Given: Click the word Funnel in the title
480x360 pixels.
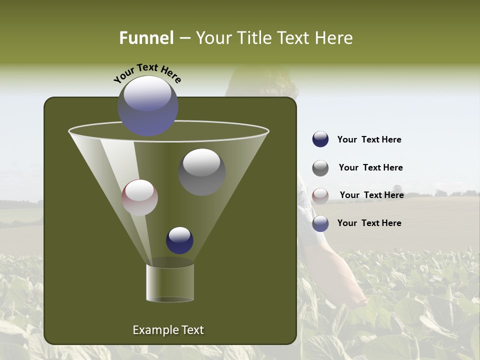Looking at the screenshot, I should (146, 38).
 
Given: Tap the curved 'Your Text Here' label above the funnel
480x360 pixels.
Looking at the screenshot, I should (147, 72).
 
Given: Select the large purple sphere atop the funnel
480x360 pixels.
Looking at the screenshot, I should (148, 105).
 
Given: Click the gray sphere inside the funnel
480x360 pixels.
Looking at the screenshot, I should (201, 171).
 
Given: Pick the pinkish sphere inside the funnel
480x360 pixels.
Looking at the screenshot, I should (139, 197).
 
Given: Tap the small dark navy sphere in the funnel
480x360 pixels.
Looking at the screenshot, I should (179, 240).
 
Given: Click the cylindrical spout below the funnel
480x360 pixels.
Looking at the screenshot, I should (170, 283).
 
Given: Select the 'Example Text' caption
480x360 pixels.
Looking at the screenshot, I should (168, 330).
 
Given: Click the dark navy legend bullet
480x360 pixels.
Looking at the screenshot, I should (320, 139).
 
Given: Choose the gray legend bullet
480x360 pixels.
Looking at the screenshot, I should (320, 168).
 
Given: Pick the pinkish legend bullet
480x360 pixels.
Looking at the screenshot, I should (320, 195).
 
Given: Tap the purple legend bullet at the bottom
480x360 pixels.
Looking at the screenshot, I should (320, 223).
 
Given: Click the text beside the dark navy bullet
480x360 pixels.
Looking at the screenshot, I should (369, 139).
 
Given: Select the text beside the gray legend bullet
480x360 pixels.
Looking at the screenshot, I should (370, 167).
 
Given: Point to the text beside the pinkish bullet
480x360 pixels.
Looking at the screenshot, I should (371, 195).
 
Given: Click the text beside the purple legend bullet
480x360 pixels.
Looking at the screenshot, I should (369, 223).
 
